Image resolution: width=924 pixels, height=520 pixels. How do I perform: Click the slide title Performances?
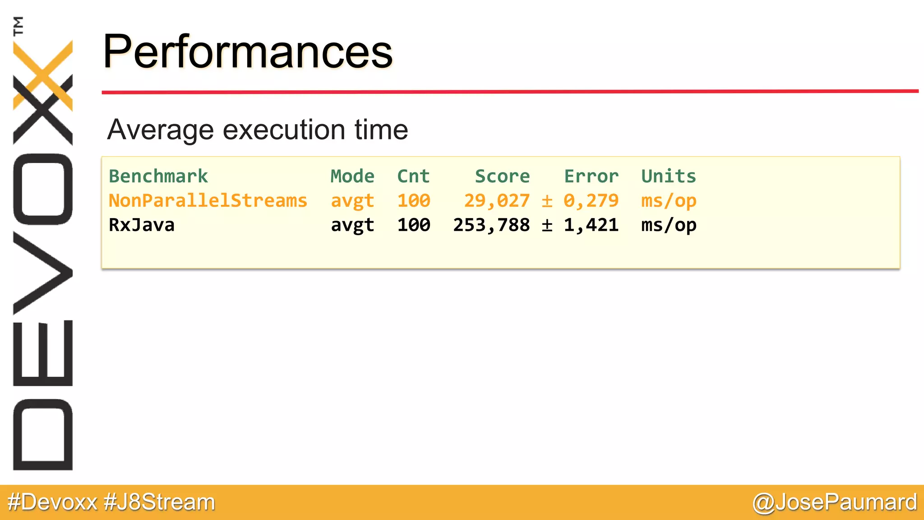coord(248,52)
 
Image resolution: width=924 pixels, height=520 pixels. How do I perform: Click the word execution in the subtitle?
coord(284,130)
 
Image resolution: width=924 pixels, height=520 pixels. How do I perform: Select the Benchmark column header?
coord(158,176)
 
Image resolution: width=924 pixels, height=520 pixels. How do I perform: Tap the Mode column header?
coord(352,176)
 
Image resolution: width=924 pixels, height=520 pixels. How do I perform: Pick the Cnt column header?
coord(413,176)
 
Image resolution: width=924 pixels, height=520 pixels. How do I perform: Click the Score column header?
coord(502,176)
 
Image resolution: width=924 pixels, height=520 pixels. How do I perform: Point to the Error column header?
coord(591,176)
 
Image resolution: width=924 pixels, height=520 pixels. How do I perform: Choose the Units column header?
coord(669,176)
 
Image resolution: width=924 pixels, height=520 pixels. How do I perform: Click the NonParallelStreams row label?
coord(208,200)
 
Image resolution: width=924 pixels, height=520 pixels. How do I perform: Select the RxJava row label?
coord(142,225)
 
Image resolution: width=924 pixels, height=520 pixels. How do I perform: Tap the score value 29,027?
coord(497,200)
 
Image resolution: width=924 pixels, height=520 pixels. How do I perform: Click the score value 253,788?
coord(491,225)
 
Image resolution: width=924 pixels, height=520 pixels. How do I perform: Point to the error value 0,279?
coord(591,200)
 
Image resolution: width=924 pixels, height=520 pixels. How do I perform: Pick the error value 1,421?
coord(591,225)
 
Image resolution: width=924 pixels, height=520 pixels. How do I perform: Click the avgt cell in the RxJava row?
coord(352,225)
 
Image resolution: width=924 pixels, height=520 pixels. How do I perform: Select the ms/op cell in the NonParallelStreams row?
coord(669,200)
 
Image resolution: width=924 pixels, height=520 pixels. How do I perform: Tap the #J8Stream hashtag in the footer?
coord(160,502)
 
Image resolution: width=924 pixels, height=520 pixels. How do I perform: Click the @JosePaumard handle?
coord(835,502)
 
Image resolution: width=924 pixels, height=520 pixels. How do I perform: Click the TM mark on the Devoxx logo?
coord(18,26)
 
